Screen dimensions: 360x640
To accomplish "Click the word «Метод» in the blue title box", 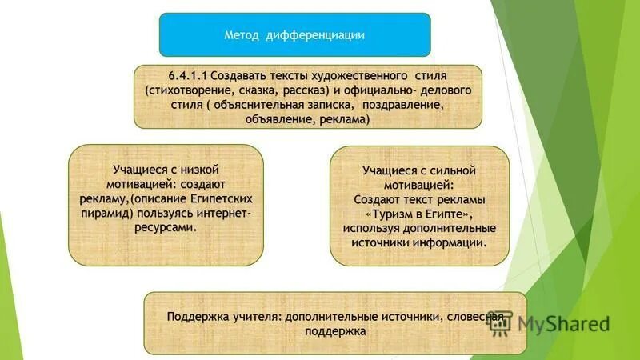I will tap(242, 34).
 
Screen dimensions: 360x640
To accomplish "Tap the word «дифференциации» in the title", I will tap(314, 34).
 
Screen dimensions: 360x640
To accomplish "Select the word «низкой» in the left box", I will tap(201, 169).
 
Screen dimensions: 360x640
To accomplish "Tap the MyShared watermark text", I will tap(562, 323).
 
